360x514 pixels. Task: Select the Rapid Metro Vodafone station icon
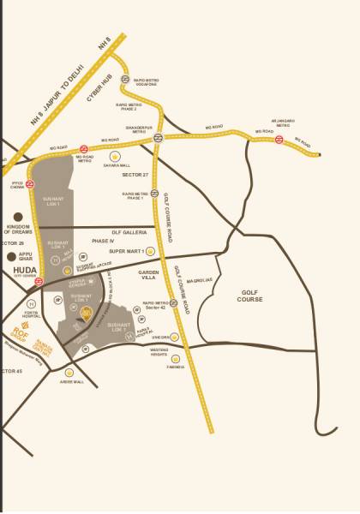[125, 78]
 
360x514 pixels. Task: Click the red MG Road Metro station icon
[84, 148]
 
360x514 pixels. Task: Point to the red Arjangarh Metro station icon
[279, 140]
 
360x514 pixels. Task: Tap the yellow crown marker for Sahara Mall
[115, 156]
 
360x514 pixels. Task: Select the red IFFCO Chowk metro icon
[29, 183]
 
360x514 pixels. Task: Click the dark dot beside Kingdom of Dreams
[18, 218]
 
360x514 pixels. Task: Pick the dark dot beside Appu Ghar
[11, 255]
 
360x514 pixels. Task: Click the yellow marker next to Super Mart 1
[150, 251]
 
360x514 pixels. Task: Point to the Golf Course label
[250, 296]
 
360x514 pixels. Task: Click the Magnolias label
[200, 278]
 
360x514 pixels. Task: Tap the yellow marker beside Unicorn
[174, 338]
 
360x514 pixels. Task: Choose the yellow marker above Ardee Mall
[69, 372]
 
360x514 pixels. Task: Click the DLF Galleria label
[129, 232]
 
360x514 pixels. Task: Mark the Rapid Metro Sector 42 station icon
[173, 303]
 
